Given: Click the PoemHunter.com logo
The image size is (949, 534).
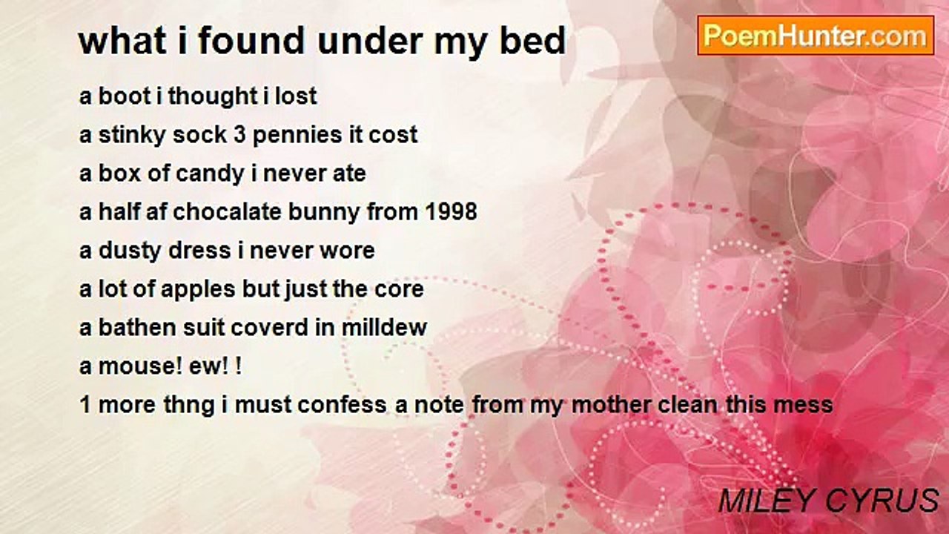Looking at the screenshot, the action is [x=816, y=36].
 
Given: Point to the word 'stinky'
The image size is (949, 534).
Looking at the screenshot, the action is [x=132, y=136].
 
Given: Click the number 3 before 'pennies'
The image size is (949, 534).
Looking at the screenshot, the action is [x=239, y=135].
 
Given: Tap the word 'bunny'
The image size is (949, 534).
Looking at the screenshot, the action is [x=324, y=213].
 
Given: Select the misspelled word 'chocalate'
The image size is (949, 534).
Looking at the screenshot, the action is [x=227, y=212].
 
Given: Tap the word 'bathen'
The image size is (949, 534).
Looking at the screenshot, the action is [x=137, y=328].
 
